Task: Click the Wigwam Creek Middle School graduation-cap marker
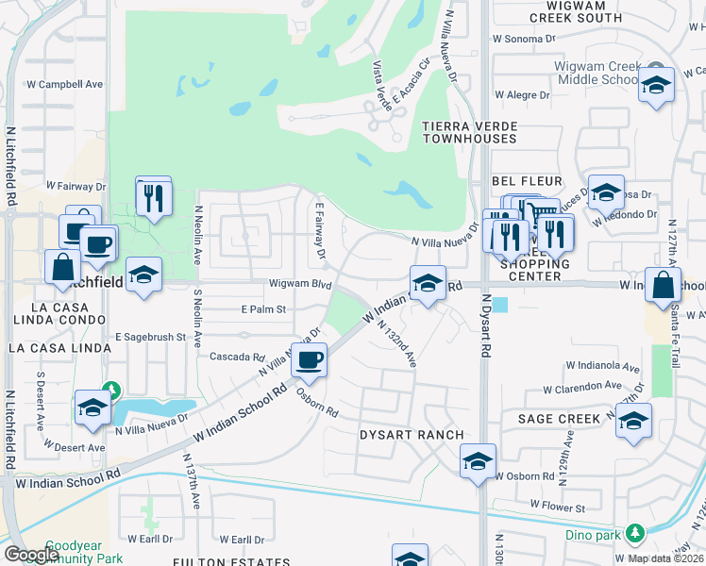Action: point(656,87)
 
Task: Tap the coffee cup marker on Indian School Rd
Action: point(309,358)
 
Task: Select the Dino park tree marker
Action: point(635,534)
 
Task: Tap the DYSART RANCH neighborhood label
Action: point(412,435)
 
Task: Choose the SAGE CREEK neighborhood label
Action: point(560,418)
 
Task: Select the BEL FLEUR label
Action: point(528,180)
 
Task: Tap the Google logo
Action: point(31,554)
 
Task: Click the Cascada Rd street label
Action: point(237,358)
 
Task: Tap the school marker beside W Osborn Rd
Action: point(479,461)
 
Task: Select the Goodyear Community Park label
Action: point(75,552)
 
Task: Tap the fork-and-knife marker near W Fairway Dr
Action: point(153,197)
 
